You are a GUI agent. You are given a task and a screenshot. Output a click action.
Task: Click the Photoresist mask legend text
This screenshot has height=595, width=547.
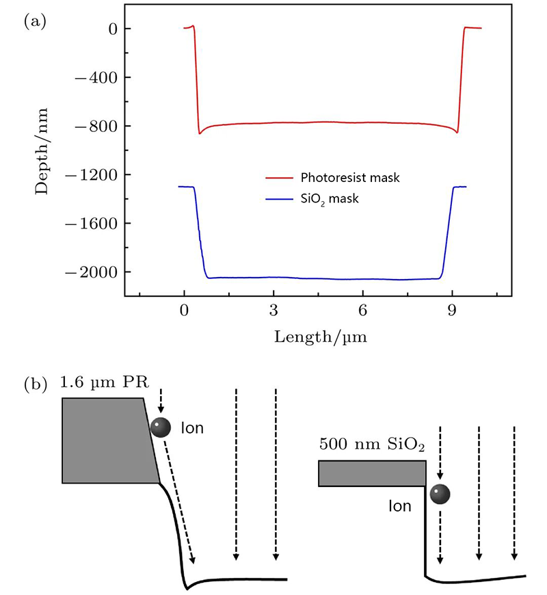[x=350, y=178]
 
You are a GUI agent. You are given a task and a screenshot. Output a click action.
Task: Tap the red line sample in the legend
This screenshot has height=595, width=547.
[x=278, y=178]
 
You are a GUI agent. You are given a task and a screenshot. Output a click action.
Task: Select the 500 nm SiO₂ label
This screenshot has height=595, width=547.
[x=371, y=445]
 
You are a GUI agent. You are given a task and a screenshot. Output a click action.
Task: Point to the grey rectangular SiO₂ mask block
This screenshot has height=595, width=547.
[x=372, y=473]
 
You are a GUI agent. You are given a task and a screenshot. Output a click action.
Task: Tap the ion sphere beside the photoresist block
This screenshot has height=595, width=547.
[x=160, y=427]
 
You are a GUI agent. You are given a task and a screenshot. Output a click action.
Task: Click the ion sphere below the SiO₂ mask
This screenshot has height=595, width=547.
[x=440, y=494]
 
